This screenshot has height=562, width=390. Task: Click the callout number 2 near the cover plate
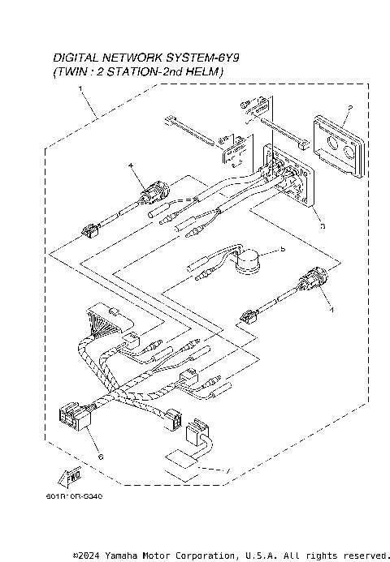349,107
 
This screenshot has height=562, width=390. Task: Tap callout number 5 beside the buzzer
282,251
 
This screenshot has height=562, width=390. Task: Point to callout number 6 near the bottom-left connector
99,457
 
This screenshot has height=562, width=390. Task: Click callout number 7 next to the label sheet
228,471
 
